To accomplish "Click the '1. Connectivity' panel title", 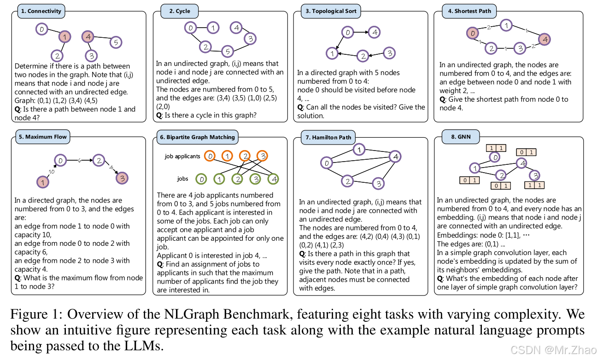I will pyautogui.click(x=41, y=11).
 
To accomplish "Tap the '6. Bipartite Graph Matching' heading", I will pyautogui.click(x=197, y=137).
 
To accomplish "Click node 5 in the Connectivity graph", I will pyautogui.click(x=116, y=42).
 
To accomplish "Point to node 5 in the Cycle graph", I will pyautogui.click(x=226, y=51).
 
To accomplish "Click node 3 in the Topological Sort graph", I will pyautogui.click(x=389, y=53).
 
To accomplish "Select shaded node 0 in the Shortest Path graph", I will pyautogui.click(x=471, y=33).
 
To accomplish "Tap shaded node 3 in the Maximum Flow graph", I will pyautogui.click(x=121, y=178).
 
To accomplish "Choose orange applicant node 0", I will pyautogui.click(x=210, y=157).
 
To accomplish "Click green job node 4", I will pyautogui.click(x=273, y=179).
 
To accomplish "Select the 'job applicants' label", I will pyautogui.click(x=182, y=157).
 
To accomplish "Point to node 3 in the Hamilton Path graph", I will pyautogui.click(x=377, y=184).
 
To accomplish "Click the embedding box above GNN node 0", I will pyautogui.click(x=495, y=148).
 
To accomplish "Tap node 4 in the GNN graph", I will pyautogui.click(x=521, y=163).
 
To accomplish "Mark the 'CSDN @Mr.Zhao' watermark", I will pyautogui.click(x=562, y=349).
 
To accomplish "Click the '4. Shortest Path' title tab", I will pyautogui.click(x=473, y=11).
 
